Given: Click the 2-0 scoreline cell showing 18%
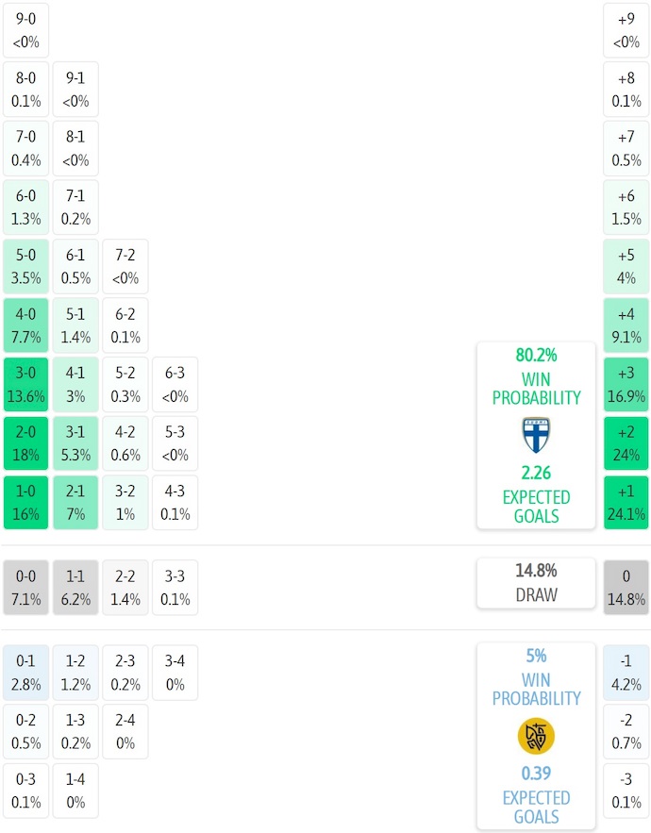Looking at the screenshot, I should [x=26, y=443].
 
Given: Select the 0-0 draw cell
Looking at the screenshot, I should [x=26, y=588].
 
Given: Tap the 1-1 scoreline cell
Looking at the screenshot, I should [x=75, y=588].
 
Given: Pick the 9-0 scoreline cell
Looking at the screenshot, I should [x=26, y=30].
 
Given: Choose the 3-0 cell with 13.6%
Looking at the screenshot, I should [x=26, y=385].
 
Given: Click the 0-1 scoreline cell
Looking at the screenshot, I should [x=26, y=673].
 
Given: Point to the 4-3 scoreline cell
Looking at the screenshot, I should [x=175, y=503].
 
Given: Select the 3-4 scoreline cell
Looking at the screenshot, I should [x=175, y=673].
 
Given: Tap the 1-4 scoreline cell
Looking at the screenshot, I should [x=75, y=791].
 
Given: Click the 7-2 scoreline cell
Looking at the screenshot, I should [x=125, y=267].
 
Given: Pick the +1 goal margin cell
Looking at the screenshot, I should [x=626, y=503].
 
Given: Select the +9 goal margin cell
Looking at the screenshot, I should [x=626, y=30].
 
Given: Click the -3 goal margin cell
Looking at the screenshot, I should [x=626, y=791].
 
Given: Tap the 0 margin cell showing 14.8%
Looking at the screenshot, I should [x=626, y=588].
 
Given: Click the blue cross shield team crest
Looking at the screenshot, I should [x=536, y=435].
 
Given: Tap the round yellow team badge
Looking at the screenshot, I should [x=536, y=736].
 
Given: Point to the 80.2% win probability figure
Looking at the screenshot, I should [x=536, y=356].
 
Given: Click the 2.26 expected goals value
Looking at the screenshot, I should [x=536, y=475].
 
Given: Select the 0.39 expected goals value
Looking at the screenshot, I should [x=536, y=775].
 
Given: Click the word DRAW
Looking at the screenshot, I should [x=536, y=595].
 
